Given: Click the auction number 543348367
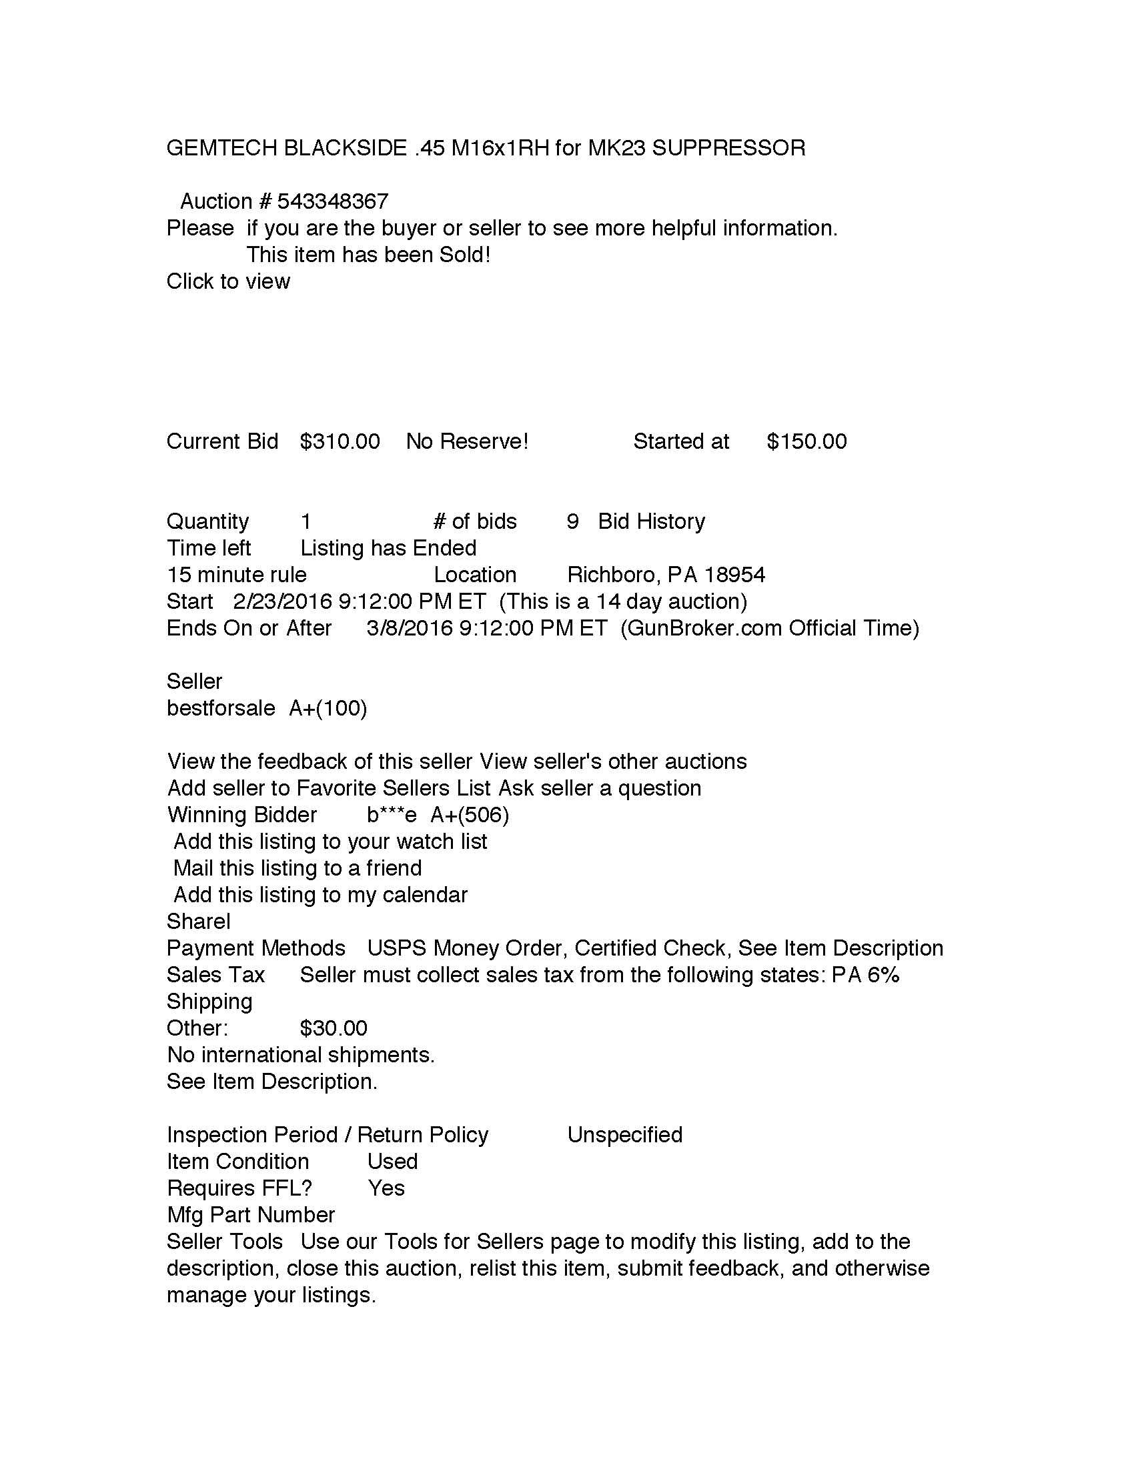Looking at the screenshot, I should tap(333, 201).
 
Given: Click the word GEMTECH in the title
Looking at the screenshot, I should tap(221, 148).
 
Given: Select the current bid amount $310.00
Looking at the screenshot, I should tap(340, 441).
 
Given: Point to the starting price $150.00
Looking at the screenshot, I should tap(806, 441).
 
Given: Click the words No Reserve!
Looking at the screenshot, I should tap(467, 441).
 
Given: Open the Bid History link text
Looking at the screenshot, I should tap(651, 521).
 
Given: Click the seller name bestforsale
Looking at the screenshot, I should tap(220, 708).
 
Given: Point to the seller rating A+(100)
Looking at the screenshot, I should tap(328, 708).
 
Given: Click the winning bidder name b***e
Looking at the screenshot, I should tap(392, 815).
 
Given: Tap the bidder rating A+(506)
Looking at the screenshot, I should tap(470, 815).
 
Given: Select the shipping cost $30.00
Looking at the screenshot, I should tap(334, 1028).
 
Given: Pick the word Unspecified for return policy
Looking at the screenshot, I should tap(624, 1134).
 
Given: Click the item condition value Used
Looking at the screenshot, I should tap(392, 1162).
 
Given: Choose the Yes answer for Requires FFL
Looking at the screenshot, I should tap(386, 1188).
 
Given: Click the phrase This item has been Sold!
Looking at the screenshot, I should tap(368, 255).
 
